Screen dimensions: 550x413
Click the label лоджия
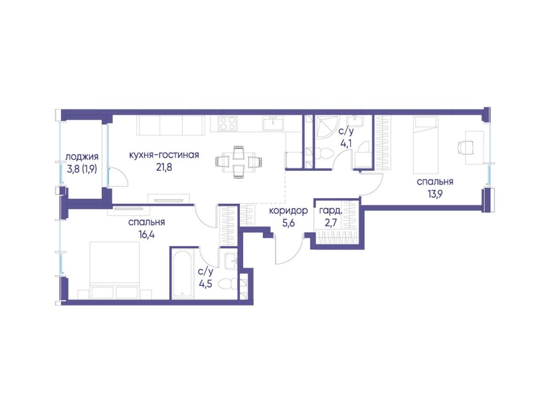pos(82,158)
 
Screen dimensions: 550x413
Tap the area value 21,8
pos(164,168)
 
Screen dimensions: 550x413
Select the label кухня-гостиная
pos(164,155)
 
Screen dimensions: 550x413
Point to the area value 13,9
pos(435,194)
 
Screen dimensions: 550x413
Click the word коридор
pos(288,211)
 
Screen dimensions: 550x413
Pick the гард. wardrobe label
pos(330,211)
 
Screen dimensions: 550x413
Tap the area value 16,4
pos(147,234)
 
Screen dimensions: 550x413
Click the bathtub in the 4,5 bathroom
pos(182,273)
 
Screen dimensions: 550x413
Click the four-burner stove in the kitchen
pos(228,124)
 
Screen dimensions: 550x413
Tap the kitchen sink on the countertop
pos(273,124)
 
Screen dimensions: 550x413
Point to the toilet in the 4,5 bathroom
pos(228,283)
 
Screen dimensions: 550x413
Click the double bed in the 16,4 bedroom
pos(115,270)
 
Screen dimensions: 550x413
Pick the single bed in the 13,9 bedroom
pos(425,145)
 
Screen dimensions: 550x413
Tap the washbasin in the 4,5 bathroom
pos(231,261)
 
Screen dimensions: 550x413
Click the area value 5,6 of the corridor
pos(288,223)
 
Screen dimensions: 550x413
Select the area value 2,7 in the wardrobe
pos(331,223)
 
